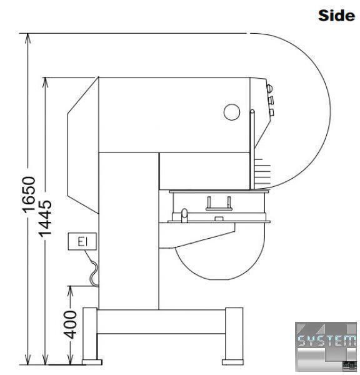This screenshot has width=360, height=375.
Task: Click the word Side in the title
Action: [336, 15]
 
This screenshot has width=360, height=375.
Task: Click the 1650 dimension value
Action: [29, 194]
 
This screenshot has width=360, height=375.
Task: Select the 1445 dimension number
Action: [45, 218]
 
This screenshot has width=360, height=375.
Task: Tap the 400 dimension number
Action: [71, 324]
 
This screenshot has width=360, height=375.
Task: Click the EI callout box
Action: [82, 241]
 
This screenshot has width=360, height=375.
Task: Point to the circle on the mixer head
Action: [232, 112]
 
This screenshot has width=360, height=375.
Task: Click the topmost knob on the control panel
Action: [269, 89]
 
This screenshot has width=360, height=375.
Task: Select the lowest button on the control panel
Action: [271, 112]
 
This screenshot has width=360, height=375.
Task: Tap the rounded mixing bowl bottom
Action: [220, 263]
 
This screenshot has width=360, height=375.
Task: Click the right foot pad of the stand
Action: [232, 362]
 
